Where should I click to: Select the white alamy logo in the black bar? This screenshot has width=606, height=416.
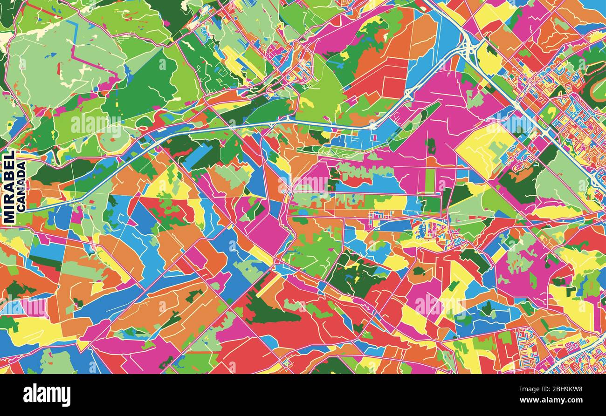coord(47,396)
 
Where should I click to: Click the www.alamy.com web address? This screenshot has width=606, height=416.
coord(555,400)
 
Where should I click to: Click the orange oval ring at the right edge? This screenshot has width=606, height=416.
coord(597,91)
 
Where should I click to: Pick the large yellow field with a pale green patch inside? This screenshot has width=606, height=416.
coord(485,149)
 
